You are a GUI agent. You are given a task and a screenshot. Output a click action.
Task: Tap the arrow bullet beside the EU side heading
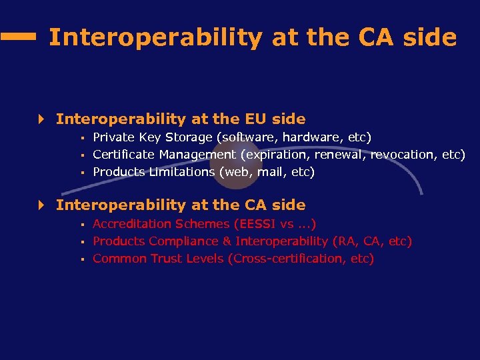(x=41, y=120)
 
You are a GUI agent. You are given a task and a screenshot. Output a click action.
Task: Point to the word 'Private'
(x=113, y=137)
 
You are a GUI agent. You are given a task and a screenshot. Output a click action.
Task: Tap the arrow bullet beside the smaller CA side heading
(x=41, y=206)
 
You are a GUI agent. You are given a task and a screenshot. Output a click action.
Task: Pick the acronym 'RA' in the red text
(x=342, y=241)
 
